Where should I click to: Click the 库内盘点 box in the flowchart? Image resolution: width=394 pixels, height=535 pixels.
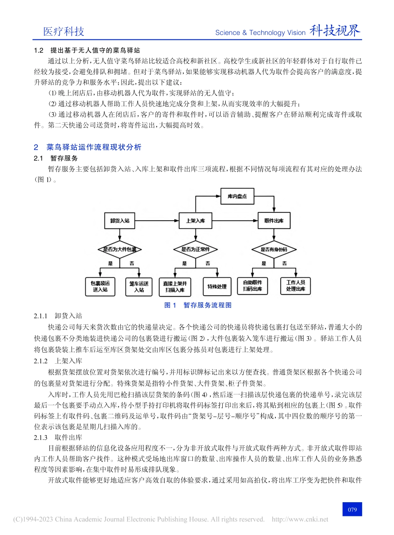coord(237,196)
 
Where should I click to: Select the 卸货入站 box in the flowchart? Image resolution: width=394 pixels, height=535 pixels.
coord(119,221)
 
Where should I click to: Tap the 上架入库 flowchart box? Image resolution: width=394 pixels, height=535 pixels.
coord(195,221)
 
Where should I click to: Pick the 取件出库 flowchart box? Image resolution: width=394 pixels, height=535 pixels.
coord(274,221)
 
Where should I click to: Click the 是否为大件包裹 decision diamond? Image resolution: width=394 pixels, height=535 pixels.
coord(119,250)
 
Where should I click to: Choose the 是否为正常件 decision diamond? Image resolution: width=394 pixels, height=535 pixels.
coord(195,250)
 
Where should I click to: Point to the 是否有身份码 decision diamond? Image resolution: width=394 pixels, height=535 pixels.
coord(274,250)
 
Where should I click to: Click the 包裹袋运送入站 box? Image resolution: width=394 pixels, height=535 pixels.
coord(100,286)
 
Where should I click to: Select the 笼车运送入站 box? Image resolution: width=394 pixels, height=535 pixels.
coord(139,286)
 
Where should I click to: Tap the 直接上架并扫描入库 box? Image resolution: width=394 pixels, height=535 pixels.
coord(175,286)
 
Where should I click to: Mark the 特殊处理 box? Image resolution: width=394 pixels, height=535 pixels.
coord(217,286)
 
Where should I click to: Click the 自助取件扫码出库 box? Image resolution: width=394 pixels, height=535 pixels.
coord(253,286)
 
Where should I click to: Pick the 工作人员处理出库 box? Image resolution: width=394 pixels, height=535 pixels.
coord(295,286)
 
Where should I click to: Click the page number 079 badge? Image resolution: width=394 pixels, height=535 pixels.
coord(352,509)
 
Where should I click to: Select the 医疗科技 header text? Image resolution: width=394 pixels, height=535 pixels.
coord(64,32)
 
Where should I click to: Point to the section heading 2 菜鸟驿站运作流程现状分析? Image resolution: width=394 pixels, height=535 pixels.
coord(88,147)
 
